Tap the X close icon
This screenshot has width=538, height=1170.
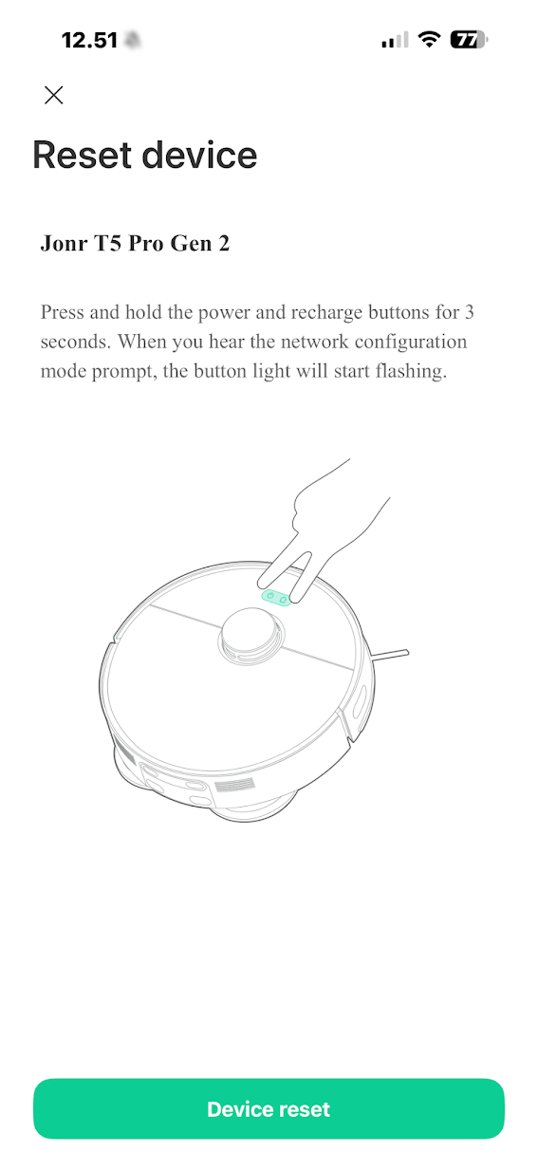tap(53, 95)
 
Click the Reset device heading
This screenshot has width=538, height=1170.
tap(144, 155)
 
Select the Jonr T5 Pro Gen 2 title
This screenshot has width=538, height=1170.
tap(136, 244)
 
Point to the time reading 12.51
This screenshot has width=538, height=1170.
tap(89, 40)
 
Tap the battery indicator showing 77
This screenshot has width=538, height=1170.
tap(469, 40)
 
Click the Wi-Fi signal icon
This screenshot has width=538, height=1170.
tap(429, 39)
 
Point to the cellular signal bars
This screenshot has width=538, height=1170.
tap(395, 40)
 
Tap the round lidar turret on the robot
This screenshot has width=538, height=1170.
tap(251, 636)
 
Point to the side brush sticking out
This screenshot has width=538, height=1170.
tap(391, 654)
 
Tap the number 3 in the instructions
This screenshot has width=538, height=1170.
tap(469, 312)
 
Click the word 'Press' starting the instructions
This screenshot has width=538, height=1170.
tap(63, 312)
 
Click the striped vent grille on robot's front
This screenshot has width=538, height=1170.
tap(235, 785)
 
